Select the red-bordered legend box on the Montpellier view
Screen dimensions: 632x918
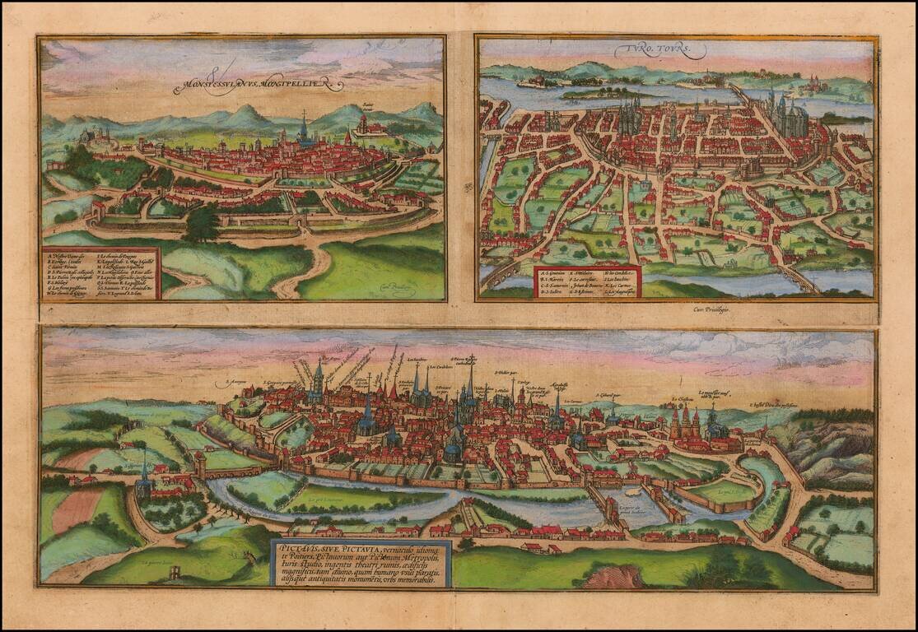coord(100,272)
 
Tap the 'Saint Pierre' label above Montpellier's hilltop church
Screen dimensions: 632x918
coord(366,106)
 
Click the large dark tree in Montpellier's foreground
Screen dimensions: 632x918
coord(203,223)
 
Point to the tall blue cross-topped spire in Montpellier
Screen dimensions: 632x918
coord(304,128)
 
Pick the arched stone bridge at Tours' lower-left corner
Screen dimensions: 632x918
coord(495,272)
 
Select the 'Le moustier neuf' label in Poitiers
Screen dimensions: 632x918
coord(715,393)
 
